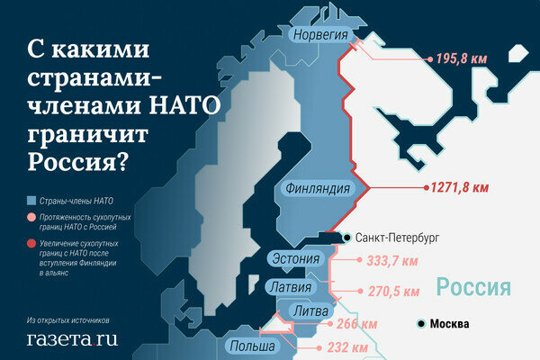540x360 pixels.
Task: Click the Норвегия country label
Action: point(317,34)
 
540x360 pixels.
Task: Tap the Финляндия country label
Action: point(317,189)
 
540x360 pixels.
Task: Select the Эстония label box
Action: point(294,260)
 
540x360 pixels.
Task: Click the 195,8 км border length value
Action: point(462,58)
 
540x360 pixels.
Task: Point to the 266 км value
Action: point(355,324)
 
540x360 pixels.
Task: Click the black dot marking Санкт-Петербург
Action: point(347,238)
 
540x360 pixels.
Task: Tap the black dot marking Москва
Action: point(419,323)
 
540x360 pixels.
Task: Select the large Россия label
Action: point(474,287)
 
